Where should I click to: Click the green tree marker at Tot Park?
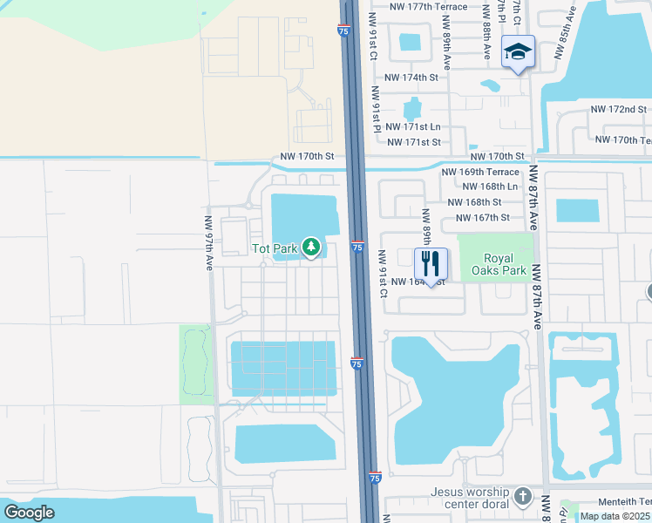[311, 248]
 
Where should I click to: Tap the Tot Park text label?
[274, 248]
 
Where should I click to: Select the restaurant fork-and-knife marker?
[430, 264]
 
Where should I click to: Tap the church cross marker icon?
[522, 497]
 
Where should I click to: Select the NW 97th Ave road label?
[209, 243]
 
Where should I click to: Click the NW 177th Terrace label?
[428, 6]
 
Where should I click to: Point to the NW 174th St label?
[411, 78]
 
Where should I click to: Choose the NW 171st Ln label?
[413, 127]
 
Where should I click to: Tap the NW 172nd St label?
[618, 110]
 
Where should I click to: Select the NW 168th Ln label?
[490, 187]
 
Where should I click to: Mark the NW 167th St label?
[480, 217]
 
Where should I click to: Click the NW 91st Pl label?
[377, 109]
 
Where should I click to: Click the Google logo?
[29, 513]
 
